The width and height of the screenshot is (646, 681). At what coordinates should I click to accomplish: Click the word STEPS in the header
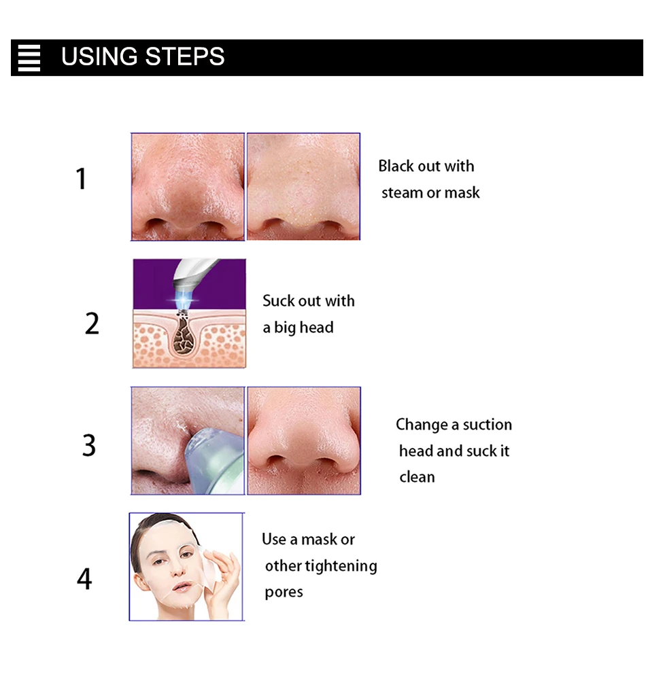pyautogui.click(x=185, y=56)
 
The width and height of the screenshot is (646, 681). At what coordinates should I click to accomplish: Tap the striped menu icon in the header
pyautogui.click(x=29, y=58)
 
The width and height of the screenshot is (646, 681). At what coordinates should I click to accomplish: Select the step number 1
pyautogui.click(x=81, y=179)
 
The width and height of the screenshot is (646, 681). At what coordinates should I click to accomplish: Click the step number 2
pyautogui.click(x=92, y=324)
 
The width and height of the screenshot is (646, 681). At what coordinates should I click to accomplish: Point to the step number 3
pyautogui.click(x=89, y=445)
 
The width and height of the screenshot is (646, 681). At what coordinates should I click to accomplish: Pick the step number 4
pyautogui.click(x=84, y=578)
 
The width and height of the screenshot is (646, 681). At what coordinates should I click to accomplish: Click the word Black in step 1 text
pyautogui.click(x=395, y=166)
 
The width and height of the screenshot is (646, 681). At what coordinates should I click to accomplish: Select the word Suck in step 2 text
pyautogui.click(x=278, y=300)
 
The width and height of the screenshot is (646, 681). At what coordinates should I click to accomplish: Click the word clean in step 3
pyautogui.click(x=417, y=477)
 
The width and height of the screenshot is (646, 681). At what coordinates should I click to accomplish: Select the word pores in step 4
pyautogui.click(x=284, y=593)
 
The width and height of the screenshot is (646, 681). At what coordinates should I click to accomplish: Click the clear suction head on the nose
pyautogui.click(x=213, y=460)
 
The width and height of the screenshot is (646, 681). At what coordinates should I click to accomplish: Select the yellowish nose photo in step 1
pyautogui.click(x=304, y=187)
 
